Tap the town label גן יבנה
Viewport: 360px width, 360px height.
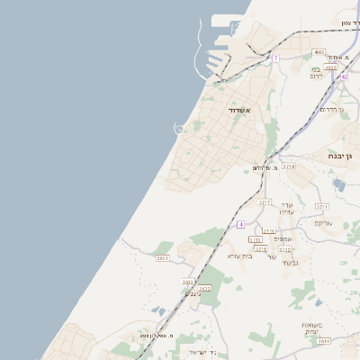click(343, 155)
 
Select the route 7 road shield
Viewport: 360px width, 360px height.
click(276, 58)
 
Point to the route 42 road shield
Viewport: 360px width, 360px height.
click(344, 76)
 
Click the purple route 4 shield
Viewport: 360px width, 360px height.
click(241, 222)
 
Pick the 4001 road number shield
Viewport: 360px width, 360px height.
click(319, 53)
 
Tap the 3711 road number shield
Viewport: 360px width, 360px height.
click(322, 206)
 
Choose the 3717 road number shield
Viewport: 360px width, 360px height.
click(265, 202)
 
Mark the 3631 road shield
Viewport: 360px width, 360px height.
click(163, 258)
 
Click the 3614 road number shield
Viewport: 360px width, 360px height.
click(324, 341)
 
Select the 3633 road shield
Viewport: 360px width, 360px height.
click(188, 282)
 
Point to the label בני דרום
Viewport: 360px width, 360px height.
click(316, 73)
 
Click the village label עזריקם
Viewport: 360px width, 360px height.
click(324, 221)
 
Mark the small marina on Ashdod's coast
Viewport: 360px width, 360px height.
click(179, 129)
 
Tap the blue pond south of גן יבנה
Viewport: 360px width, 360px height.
click(338, 184)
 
